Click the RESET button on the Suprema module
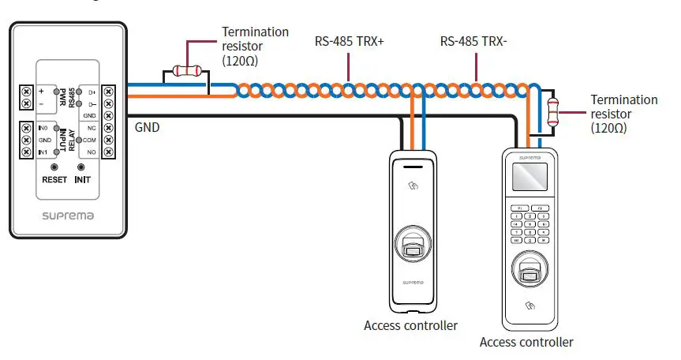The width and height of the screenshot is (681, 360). [54, 168]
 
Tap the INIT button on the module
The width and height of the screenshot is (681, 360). [81, 168]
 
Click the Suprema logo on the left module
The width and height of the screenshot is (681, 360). [68, 213]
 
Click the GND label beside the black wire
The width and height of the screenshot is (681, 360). [148, 126]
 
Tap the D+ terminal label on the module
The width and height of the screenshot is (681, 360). [92, 92]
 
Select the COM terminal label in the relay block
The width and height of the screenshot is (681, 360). [91, 139]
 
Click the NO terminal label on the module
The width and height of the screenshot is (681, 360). [92, 151]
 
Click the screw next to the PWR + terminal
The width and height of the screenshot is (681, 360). [26, 92]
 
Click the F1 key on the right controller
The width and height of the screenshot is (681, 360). [518, 208]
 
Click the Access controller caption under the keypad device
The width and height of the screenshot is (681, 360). [526, 342]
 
